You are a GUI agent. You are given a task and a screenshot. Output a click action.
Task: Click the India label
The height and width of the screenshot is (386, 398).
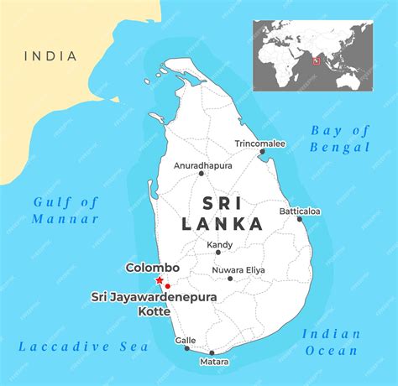point(50,56)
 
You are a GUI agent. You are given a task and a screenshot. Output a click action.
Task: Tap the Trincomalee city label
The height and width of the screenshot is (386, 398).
point(259,143)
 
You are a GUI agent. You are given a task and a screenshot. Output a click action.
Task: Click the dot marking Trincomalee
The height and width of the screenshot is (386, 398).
point(262,153)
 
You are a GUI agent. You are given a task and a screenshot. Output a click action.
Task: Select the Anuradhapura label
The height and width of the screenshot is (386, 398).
point(202,165)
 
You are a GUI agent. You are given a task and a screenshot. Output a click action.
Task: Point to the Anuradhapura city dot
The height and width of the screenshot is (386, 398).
point(202,174)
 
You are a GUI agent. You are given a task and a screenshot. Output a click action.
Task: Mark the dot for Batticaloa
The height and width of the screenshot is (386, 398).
point(300,219)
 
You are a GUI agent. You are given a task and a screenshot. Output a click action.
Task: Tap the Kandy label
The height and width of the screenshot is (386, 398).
point(220,244)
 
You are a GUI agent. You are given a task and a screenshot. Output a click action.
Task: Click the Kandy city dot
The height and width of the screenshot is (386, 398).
point(218,252)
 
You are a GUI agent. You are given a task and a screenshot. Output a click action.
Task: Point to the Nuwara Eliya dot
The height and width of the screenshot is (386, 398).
point(216,269)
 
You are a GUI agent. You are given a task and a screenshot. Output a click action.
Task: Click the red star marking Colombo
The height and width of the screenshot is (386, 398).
point(160,279)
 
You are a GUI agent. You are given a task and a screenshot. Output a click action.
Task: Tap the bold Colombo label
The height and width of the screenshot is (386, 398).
point(153,268)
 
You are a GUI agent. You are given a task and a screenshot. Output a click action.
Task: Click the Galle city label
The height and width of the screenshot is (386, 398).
point(186,340)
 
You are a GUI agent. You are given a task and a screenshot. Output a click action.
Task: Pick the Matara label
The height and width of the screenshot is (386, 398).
point(213,363)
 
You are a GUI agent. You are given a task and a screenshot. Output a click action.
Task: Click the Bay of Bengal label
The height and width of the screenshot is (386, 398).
point(340,138)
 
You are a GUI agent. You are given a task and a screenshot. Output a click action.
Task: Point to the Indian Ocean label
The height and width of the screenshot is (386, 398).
point(332,342)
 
